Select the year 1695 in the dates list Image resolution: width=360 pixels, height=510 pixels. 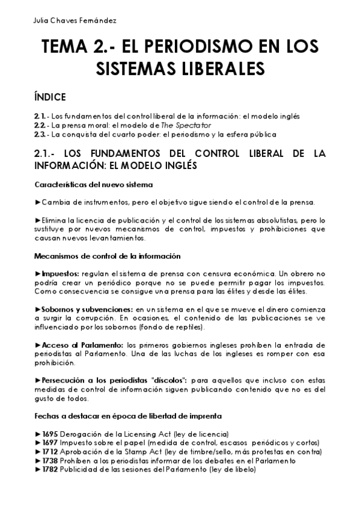50,434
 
